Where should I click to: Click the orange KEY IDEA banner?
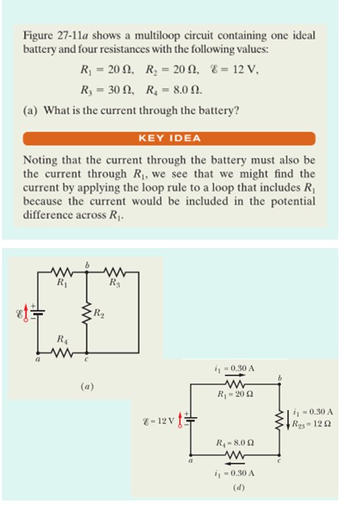click(169, 139)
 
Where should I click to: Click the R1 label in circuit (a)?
click(63, 283)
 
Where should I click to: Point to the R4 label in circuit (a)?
click(62, 343)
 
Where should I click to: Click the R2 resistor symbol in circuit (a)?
click(87, 313)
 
